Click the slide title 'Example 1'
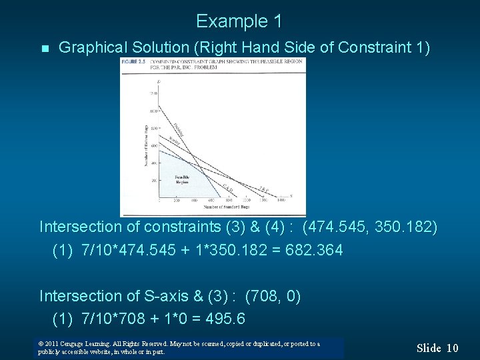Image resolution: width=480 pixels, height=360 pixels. coord(239,21)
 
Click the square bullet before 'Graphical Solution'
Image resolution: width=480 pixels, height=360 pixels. coord(44,49)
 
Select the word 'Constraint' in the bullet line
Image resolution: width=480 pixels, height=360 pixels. coord(373,47)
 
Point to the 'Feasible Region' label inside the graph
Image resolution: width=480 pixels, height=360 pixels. coord(182,179)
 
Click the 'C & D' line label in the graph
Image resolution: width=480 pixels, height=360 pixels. coord(227,187)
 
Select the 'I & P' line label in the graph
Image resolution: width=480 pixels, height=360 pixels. coord(264,189)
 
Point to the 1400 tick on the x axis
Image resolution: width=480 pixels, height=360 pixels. coord(281,200)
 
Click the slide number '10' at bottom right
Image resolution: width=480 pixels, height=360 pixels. coord(452,347)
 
